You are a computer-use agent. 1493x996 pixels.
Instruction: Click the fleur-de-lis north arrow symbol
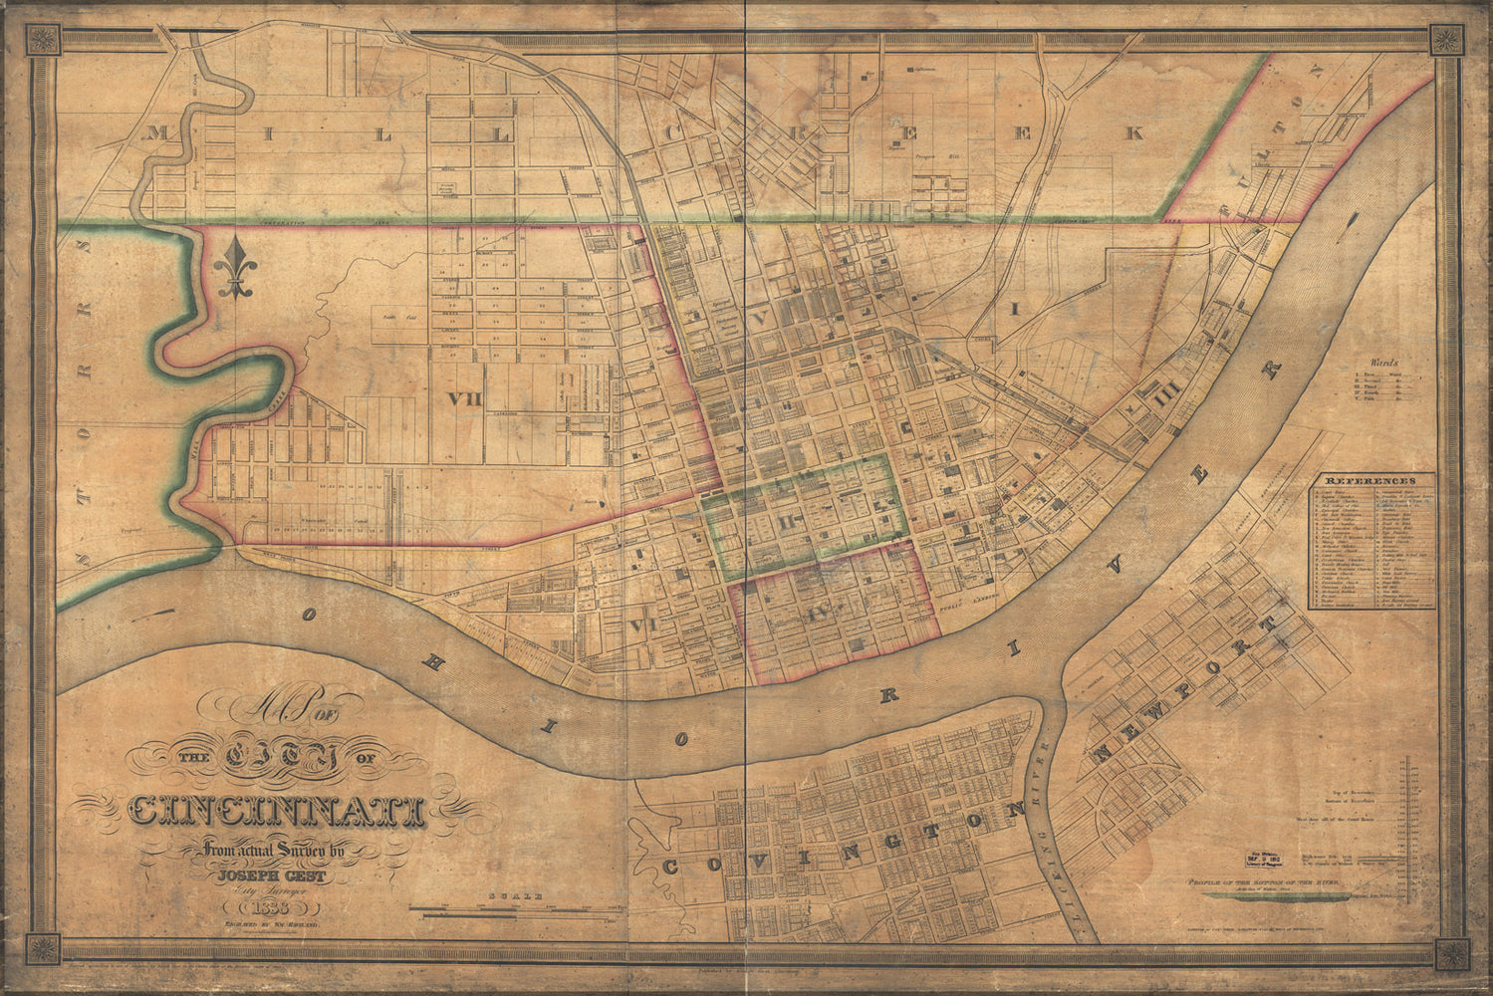tap(234, 269)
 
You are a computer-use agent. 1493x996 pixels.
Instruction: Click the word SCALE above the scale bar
tap(515, 897)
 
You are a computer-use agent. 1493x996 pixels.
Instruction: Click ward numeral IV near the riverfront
tap(822, 611)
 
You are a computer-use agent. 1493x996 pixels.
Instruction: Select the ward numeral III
tap(1166, 399)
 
